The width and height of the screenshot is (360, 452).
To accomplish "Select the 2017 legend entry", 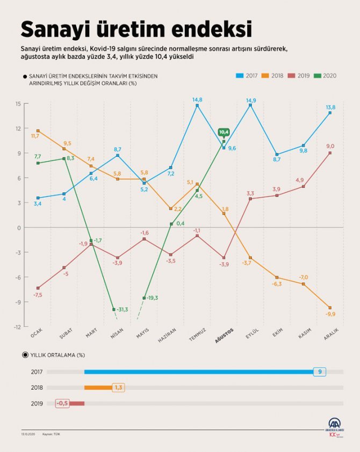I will pos(248,76).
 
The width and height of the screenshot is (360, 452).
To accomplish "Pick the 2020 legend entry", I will pos(326,76).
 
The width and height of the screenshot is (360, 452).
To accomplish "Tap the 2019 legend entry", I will pos(300,76).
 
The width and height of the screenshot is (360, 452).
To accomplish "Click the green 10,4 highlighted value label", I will pos(224,132).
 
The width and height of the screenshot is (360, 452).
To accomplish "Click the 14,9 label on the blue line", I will pos(250,100).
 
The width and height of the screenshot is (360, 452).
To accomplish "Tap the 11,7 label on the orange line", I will pos(35,136).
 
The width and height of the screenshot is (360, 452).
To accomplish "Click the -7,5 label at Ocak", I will pos(38,295).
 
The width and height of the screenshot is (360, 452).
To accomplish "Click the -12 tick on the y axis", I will pos(17,327).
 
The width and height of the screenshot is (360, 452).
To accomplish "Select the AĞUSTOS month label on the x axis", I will pos(223,339).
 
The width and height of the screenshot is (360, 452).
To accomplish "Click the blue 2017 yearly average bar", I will pos(199,371).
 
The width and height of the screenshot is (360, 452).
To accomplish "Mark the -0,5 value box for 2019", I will pos(62,403).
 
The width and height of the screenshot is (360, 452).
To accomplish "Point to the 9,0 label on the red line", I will pos(330,146).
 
